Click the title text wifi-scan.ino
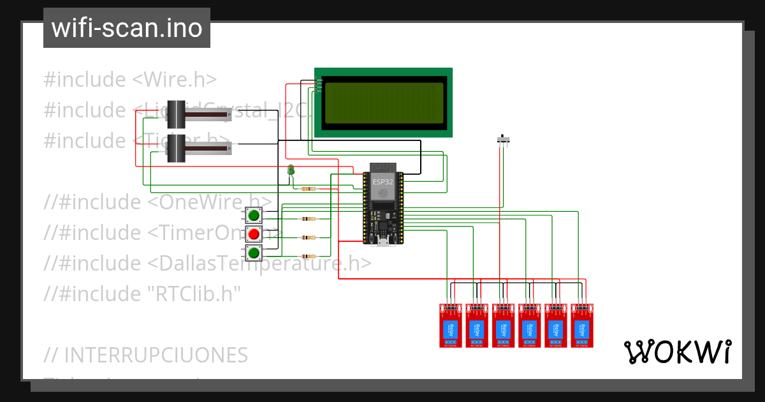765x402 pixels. pyautogui.click(x=126, y=28)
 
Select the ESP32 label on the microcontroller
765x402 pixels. pyautogui.click(x=383, y=181)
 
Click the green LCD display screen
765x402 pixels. pyautogui.click(x=383, y=102)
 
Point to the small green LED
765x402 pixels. pyautogui.click(x=291, y=170)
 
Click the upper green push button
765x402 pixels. pyautogui.click(x=254, y=215)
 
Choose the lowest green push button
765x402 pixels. pyautogui.click(x=254, y=253)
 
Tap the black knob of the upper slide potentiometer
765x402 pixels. pyautogui.click(x=176, y=114)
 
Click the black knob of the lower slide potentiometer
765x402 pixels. pyautogui.click(x=176, y=148)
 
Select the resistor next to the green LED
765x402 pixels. pyautogui.click(x=309, y=189)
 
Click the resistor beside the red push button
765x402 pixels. pyautogui.click(x=309, y=237)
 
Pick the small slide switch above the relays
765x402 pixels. pyautogui.click(x=504, y=139)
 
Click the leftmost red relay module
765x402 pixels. pyautogui.click(x=450, y=325)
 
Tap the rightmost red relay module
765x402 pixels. pyautogui.click(x=581, y=325)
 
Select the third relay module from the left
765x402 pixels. pyautogui.click(x=502, y=325)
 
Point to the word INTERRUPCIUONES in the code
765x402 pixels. pyautogui.click(x=156, y=355)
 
